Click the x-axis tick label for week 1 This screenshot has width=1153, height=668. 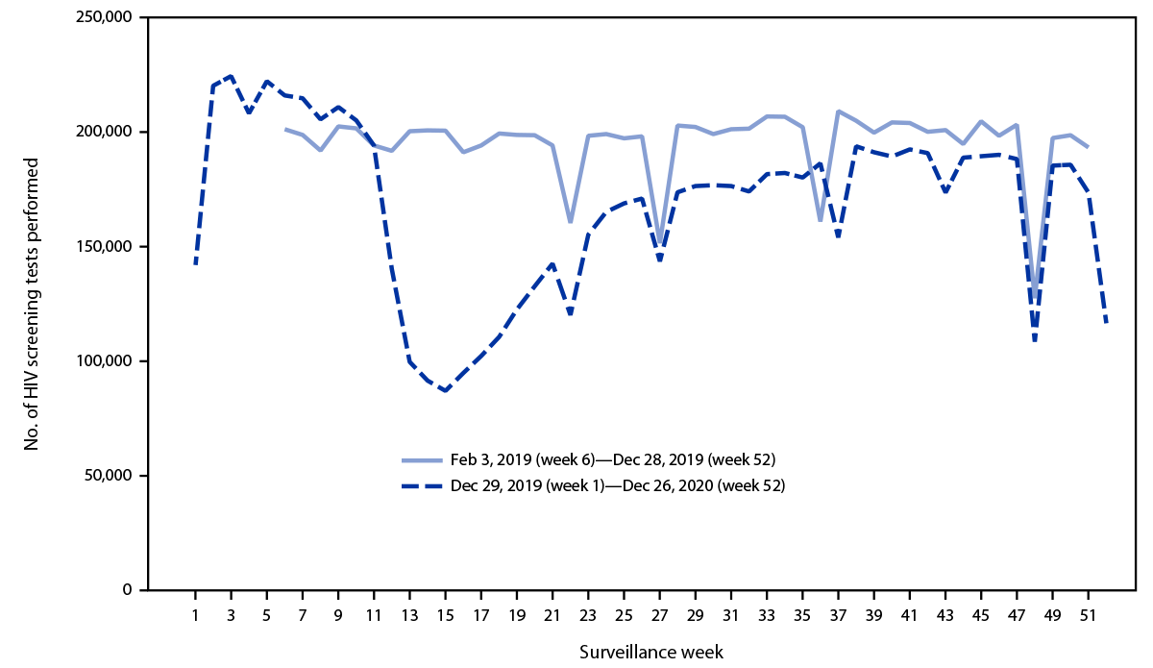click(x=195, y=615)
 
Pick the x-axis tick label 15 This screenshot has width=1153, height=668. click(x=445, y=615)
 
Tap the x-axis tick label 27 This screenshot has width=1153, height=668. click(x=659, y=615)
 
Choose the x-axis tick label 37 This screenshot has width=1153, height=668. click(x=838, y=615)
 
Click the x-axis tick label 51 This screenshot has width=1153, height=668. click(x=1088, y=615)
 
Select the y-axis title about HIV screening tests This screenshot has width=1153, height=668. click(x=32, y=304)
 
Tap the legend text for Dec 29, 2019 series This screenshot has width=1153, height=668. click(x=618, y=486)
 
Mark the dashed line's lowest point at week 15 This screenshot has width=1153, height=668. click(x=445, y=391)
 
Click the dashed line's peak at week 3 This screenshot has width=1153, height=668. click(x=231, y=76)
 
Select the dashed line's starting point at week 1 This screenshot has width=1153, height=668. click(x=195, y=263)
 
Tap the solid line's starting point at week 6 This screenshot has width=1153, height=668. click(x=284, y=129)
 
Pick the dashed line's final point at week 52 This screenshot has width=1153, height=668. click(x=1106, y=324)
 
